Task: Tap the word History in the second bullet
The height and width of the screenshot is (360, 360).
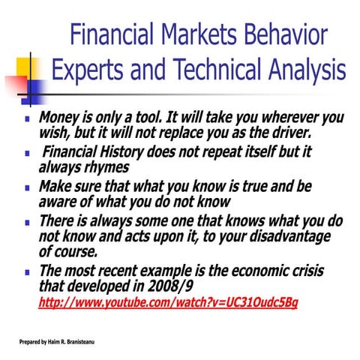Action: tap(123, 152)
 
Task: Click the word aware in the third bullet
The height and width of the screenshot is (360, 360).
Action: tap(58, 201)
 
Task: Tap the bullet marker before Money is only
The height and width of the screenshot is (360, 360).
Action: tap(27, 119)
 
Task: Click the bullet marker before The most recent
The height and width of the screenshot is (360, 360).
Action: tap(27, 272)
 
